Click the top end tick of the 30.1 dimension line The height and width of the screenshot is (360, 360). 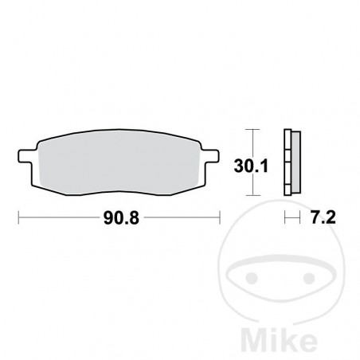coord(253,130)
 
